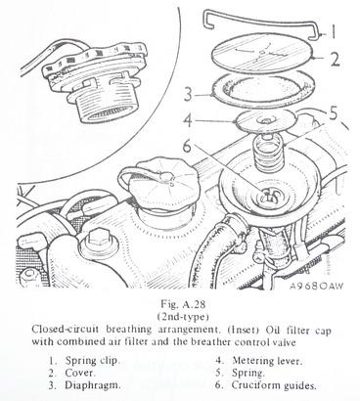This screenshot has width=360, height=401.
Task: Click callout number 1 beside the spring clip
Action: (x=333, y=32)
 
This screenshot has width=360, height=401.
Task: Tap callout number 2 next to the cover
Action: (x=336, y=59)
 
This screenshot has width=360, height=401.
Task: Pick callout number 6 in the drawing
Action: (x=187, y=147)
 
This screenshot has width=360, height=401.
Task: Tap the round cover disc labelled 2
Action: (x=261, y=54)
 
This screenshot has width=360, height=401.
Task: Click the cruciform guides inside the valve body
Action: (x=270, y=196)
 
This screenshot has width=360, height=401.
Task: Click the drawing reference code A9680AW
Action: (x=316, y=287)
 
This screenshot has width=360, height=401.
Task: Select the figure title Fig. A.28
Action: (x=183, y=304)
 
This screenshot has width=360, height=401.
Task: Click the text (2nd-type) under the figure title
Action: (x=182, y=316)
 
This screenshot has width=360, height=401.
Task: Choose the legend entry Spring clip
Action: (x=93, y=361)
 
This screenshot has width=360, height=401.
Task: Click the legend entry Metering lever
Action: (x=267, y=361)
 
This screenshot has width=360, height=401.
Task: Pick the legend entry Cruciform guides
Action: (x=274, y=385)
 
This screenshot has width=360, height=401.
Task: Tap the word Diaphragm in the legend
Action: (x=93, y=385)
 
